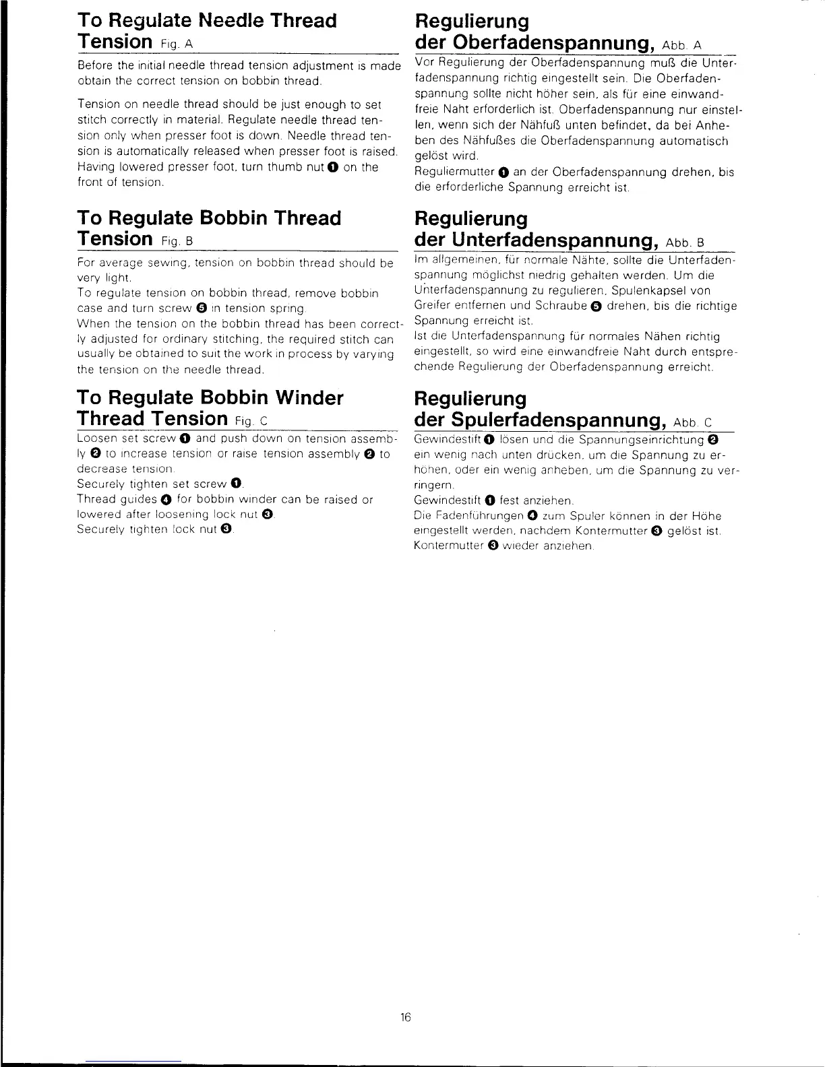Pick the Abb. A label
[683, 45]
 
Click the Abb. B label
[686, 243]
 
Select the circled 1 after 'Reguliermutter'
[504, 173]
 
